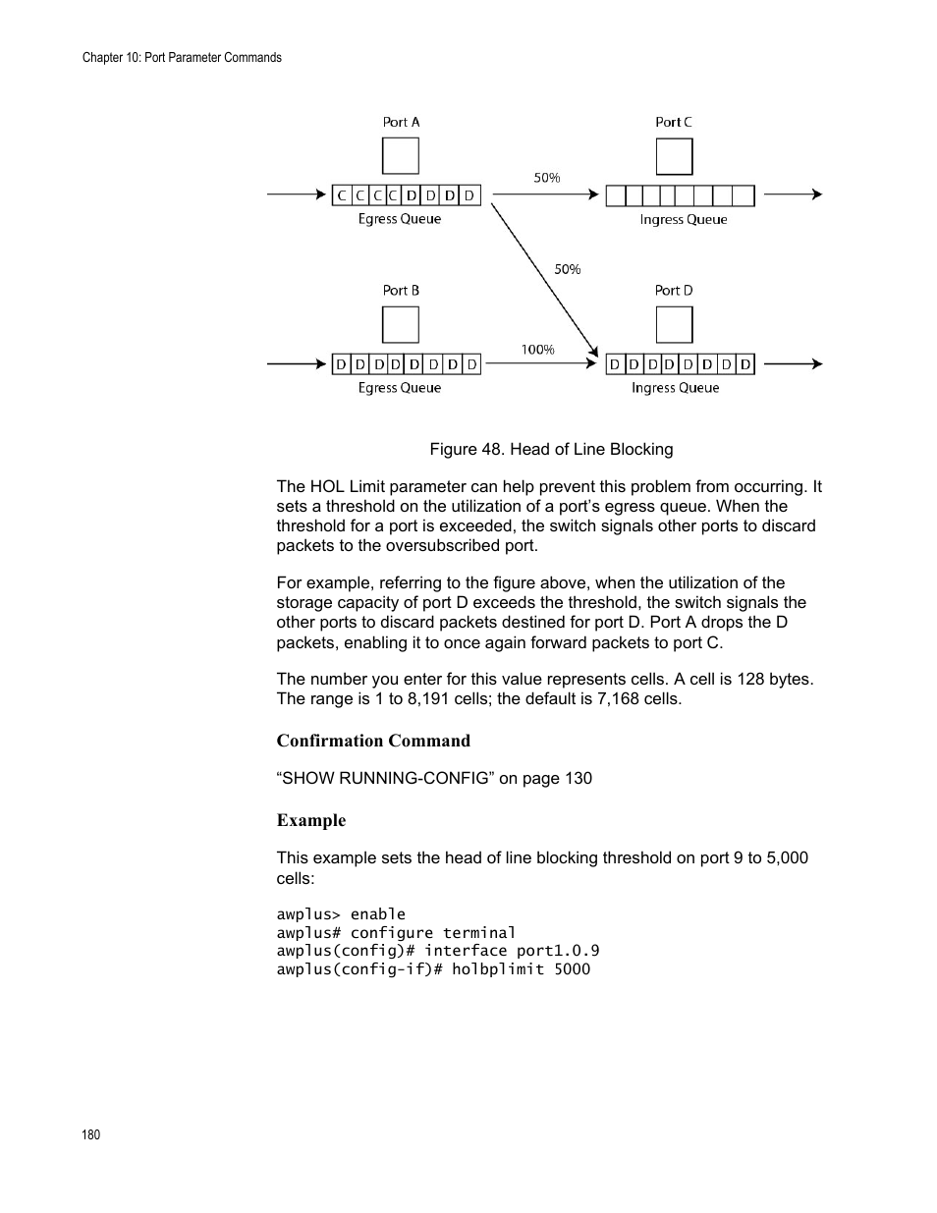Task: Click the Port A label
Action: [401, 122]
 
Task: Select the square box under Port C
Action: [674, 156]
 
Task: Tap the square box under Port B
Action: [400, 325]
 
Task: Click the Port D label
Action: [674, 290]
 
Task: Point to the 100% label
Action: [537, 349]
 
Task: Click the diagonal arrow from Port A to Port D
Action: [545, 275]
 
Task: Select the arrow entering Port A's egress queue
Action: [296, 194]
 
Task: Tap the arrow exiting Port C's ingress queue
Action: [793, 194]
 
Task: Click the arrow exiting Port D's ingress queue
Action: [793, 363]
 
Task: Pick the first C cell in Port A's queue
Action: [342, 195]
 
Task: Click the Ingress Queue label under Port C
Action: [684, 220]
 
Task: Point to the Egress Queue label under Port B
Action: [400, 388]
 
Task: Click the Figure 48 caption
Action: [551, 449]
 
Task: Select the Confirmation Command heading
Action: [373, 741]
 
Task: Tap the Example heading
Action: [311, 820]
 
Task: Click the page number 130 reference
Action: [578, 778]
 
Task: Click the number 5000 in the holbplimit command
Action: [572, 969]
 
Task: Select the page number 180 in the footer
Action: [90, 1134]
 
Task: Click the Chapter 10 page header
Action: [182, 58]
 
